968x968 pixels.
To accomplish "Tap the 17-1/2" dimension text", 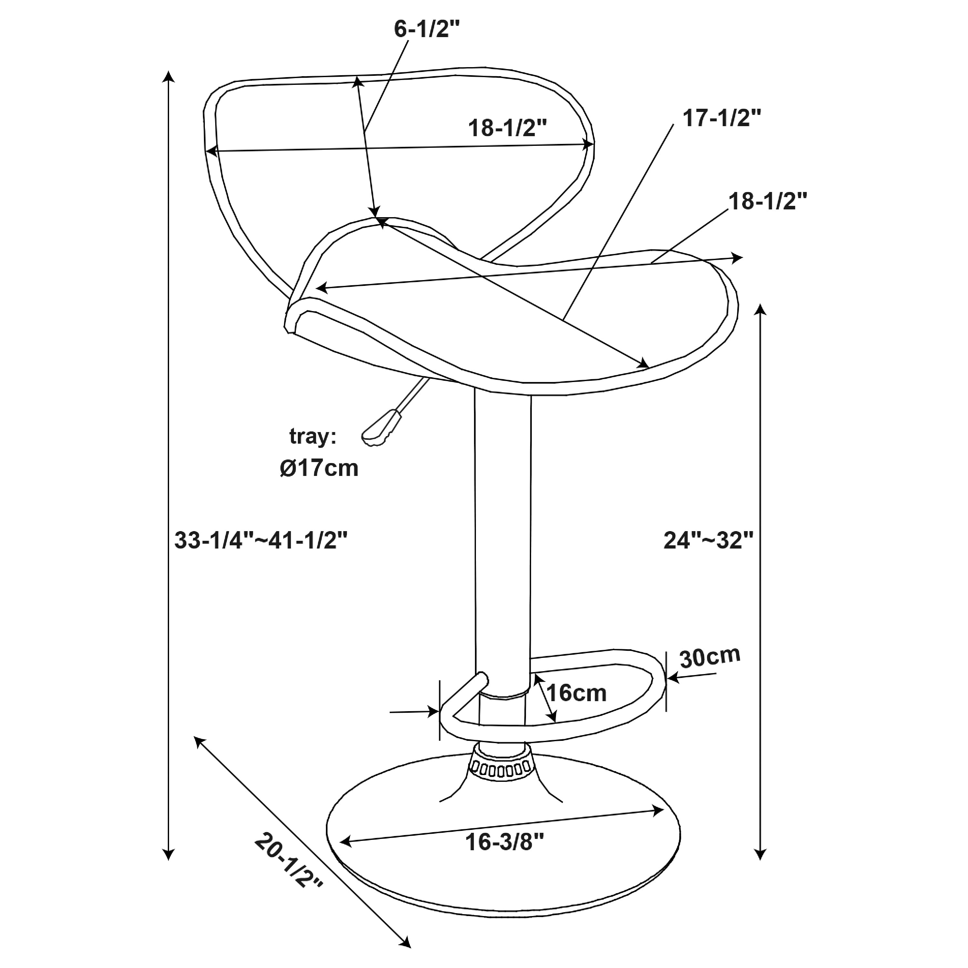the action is point(722,118).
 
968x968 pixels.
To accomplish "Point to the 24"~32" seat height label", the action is point(709,540).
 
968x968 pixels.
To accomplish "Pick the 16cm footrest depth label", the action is point(576,693).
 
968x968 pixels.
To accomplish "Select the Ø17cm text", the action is point(319,469).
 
